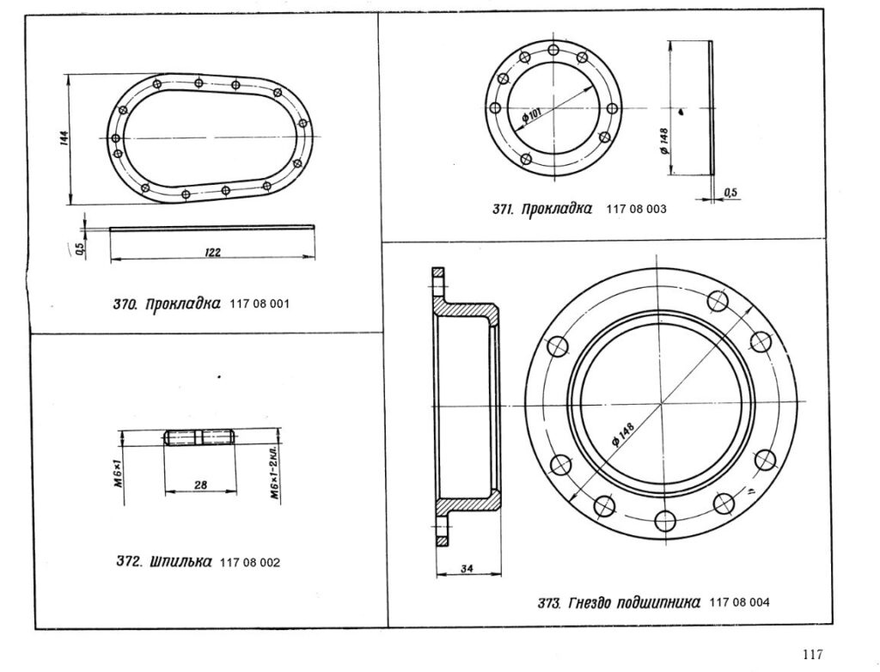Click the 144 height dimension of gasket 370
tap(64, 138)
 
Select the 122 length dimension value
tap(212, 252)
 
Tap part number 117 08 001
tap(260, 304)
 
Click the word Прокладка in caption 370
tap(183, 305)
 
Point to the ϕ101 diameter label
tap(531, 116)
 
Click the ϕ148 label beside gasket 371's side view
tap(664, 142)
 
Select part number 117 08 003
tap(637, 210)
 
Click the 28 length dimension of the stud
tap(200, 486)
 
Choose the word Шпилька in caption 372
tap(181, 561)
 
